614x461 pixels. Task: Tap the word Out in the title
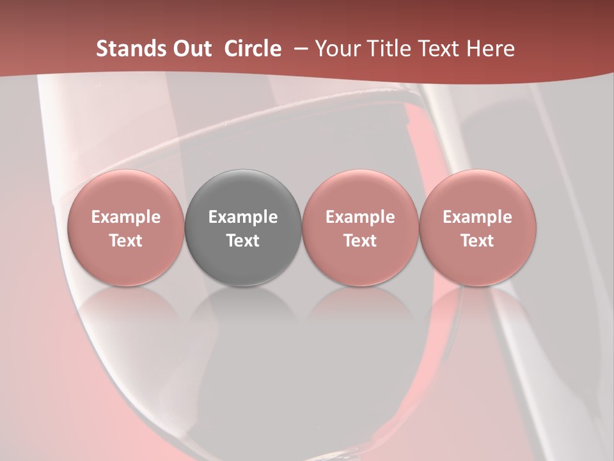[190, 49]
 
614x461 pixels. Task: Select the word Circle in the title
[253, 49]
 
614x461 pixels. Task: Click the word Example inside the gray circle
[243, 217]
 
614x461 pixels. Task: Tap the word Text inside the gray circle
[243, 241]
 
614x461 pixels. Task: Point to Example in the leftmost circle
[126, 217]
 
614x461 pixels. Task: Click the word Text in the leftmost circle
[126, 241]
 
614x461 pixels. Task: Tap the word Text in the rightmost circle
[478, 241]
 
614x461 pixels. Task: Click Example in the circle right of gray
[360, 217]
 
